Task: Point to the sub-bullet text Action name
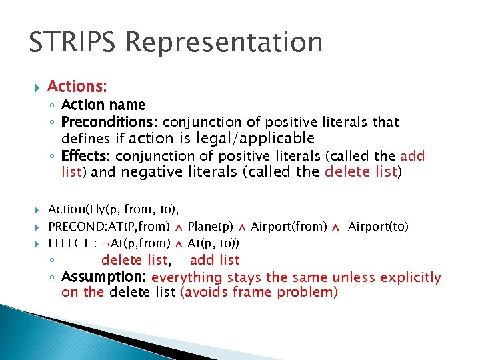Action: click(103, 105)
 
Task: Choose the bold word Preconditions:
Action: click(110, 122)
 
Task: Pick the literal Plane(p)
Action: click(210, 227)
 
